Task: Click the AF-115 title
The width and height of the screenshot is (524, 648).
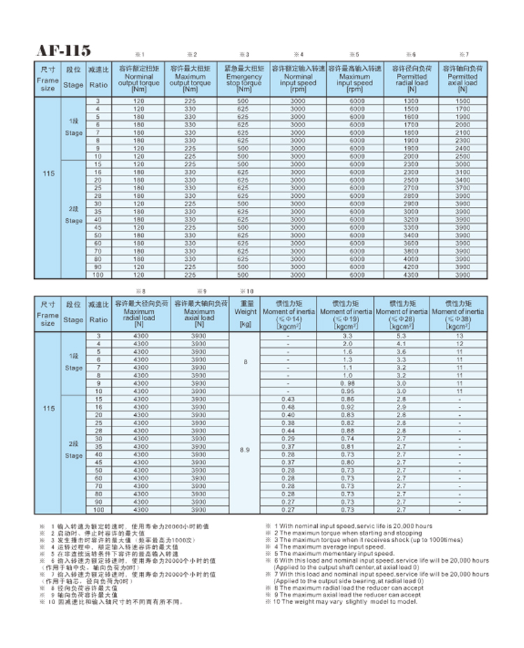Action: [x=64, y=51]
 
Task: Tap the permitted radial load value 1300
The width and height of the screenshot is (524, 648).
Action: [x=412, y=102]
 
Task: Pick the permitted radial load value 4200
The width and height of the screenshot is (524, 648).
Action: [x=412, y=267]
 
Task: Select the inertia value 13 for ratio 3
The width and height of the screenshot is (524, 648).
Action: [x=460, y=336]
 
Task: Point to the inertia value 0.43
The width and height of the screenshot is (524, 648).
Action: [x=288, y=398]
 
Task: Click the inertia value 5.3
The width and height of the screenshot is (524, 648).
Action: [x=401, y=336]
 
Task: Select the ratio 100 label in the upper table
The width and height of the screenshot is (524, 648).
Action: [x=98, y=275]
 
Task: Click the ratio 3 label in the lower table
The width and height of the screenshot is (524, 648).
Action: [x=98, y=336]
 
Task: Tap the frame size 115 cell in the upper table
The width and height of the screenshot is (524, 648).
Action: [x=48, y=188]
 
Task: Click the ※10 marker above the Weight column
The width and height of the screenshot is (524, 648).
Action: [x=247, y=290]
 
